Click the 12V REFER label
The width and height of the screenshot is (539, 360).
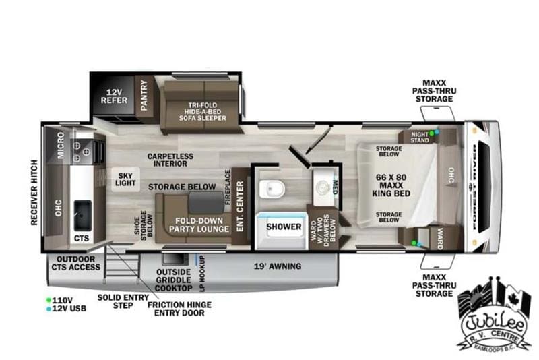[x=114, y=96]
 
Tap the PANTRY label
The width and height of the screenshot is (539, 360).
[x=143, y=96]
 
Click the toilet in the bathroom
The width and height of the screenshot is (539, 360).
[x=274, y=191]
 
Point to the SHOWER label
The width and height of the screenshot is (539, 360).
[x=284, y=227]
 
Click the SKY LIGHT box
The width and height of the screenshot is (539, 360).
[x=125, y=179]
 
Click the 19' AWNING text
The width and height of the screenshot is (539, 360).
[x=278, y=266]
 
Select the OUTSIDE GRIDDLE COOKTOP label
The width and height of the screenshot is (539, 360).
[x=173, y=279]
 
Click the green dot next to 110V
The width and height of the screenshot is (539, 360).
[x=49, y=299]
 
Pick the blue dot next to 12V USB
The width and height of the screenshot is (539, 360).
[x=49, y=309]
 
